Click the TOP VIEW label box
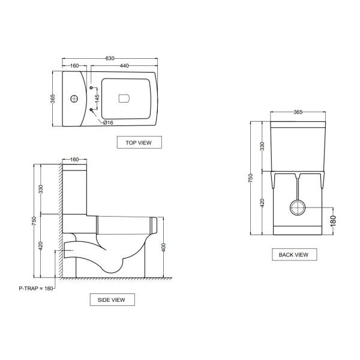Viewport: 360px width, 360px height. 139,142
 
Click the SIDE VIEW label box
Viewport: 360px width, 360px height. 112,299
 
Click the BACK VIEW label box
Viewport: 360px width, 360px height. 295,254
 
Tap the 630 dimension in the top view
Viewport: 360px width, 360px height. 110,58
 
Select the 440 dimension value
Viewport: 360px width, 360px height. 124,65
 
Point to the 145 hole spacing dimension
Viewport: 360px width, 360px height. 97,98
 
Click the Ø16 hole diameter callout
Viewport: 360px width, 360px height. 108,122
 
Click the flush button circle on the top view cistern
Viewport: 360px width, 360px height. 74,99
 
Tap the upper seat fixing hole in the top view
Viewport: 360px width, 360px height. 91,88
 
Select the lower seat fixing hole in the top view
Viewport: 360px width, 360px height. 91,110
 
